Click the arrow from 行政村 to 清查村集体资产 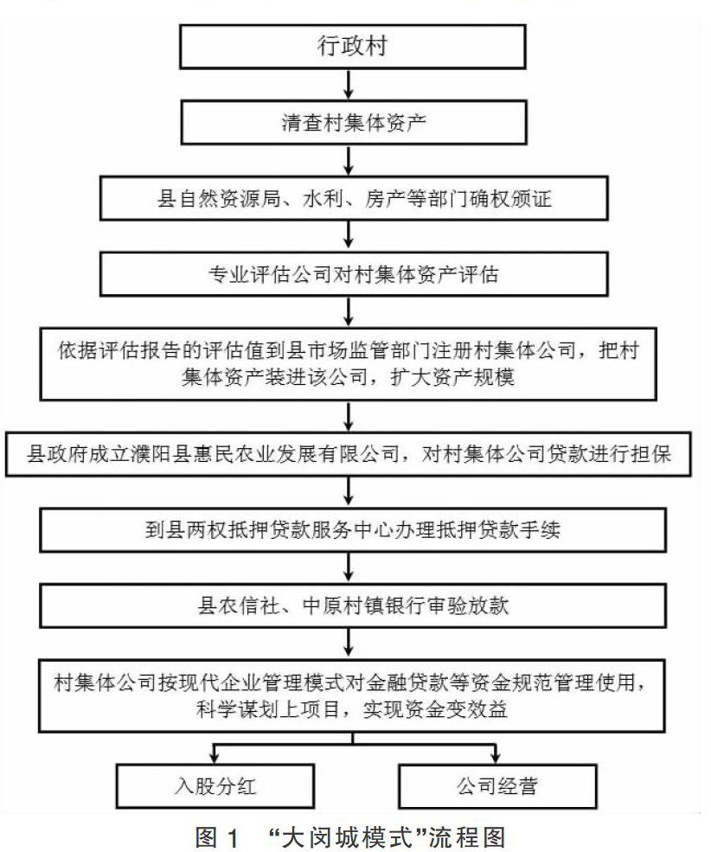[348, 85]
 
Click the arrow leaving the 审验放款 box [348, 642]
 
